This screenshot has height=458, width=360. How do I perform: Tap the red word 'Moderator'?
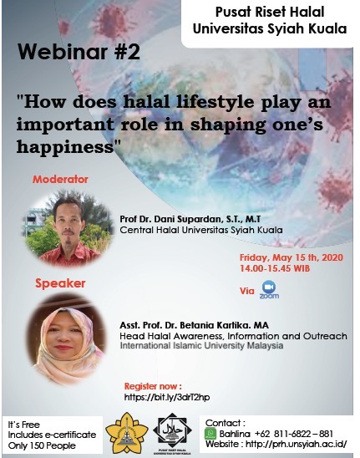(x=60, y=180)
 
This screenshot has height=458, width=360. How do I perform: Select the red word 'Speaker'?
(x=60, y=283)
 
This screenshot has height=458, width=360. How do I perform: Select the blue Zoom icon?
(x=269, y=290)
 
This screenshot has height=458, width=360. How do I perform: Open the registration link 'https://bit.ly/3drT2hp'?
(x=167, y=396)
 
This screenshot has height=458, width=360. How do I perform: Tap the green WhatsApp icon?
(x=210, y=434)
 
